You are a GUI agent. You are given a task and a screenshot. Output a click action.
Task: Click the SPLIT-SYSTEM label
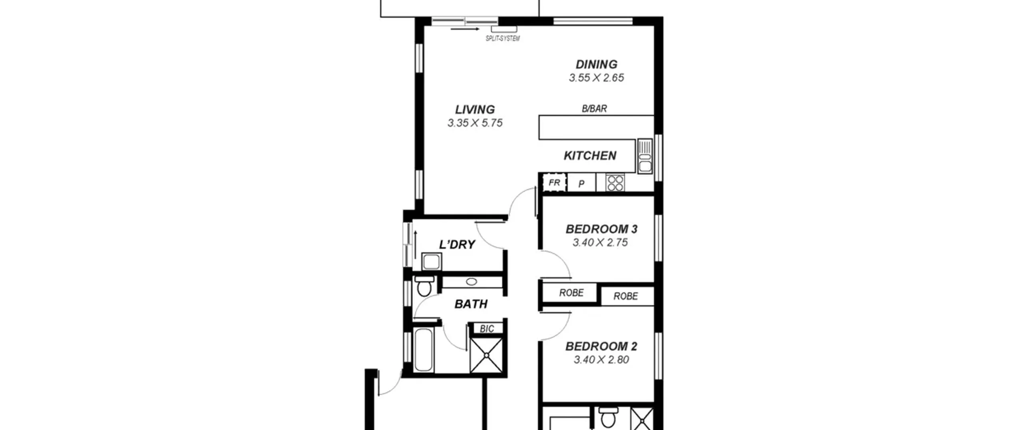503,38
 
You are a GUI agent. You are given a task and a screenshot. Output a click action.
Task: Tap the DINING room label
596,64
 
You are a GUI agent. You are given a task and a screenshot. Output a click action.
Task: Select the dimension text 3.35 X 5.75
475,123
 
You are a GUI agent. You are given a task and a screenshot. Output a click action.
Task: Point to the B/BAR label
594,108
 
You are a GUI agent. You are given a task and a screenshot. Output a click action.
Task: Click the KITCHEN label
590,156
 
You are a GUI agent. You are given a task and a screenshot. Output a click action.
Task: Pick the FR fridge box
554,183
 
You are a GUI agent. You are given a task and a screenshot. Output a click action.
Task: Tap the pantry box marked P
581,183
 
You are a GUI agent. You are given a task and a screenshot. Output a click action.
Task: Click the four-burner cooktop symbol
615,183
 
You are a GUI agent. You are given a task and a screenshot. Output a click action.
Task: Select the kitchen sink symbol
645,156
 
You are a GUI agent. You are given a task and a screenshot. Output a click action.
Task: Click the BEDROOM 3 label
601,229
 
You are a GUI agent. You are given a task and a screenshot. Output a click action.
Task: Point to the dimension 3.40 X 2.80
601,360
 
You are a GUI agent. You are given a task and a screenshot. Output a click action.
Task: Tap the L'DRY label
457,244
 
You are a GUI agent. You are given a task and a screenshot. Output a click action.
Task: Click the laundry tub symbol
432,262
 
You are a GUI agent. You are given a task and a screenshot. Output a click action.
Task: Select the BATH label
471,304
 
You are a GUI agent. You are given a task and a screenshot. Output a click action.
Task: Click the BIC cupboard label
487,329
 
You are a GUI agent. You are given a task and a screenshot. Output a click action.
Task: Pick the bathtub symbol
424,350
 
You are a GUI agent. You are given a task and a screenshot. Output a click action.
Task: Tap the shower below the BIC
486,355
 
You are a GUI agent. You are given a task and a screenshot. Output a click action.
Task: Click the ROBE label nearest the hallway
571,293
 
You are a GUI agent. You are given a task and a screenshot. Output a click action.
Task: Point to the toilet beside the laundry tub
424,286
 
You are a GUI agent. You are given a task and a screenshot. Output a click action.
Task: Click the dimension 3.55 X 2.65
596,78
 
